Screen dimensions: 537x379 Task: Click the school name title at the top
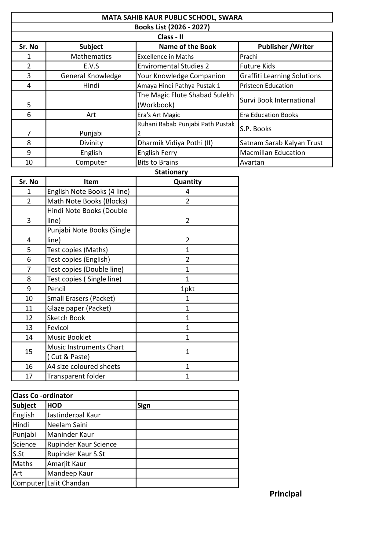172,17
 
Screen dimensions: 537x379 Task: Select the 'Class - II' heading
170,37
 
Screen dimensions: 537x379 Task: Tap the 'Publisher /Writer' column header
286,47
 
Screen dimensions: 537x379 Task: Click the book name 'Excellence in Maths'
166,57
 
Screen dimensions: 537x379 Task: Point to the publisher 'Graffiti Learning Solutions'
280,76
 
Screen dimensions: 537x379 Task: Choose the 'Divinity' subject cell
91,143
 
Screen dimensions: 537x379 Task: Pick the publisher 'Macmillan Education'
272,153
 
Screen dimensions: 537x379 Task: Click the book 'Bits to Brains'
158,162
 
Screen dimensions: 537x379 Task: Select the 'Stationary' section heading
171,172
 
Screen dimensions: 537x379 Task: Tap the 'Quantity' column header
188,182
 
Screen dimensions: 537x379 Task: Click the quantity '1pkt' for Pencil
188,289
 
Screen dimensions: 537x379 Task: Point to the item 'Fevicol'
58,328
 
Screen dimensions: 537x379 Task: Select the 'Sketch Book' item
66,318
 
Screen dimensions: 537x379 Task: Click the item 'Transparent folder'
76,376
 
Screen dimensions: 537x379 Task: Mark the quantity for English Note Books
188,192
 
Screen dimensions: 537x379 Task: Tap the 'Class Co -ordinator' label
43,396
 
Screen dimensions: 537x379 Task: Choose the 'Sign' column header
144,405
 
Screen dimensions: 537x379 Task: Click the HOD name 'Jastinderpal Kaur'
74,415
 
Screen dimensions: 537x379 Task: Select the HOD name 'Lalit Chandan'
68,483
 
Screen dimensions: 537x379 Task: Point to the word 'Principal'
286,494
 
